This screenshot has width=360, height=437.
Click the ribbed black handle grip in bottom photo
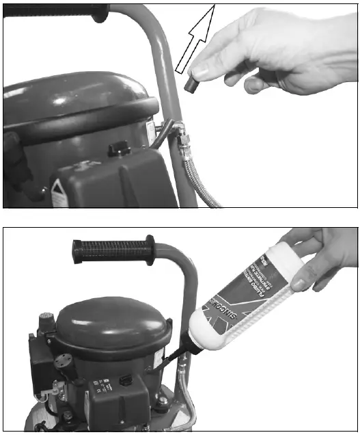[x=113, y=252]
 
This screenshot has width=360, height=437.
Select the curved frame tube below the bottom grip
[x=184, y=287]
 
